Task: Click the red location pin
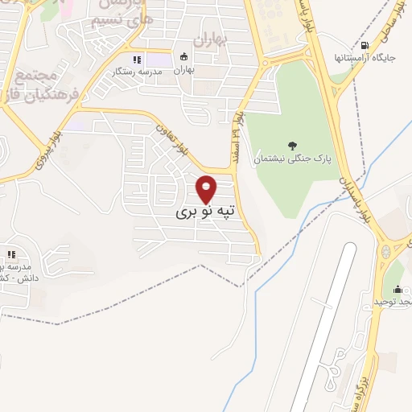coord(207,189)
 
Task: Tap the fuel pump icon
coord(367,46)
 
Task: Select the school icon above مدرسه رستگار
coord(136,60)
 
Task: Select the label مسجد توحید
coord(392,301)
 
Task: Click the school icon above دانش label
coord(12,254)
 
